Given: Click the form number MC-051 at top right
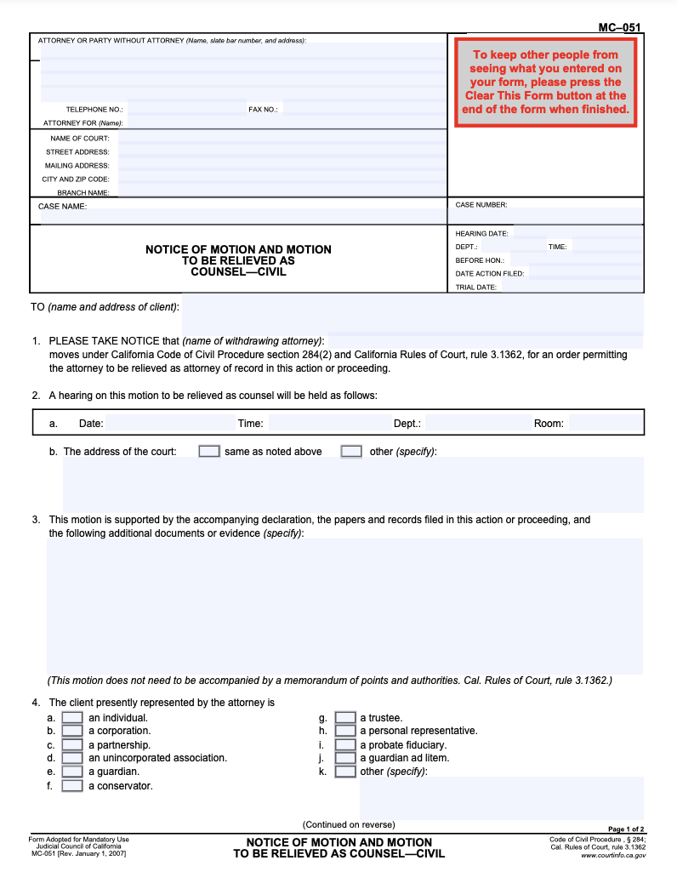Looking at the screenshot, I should click(619, 27).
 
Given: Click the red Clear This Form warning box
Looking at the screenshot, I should click(545, 83).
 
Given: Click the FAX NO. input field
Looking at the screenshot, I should click(361, 110).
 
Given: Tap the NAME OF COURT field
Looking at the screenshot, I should click(281, 138).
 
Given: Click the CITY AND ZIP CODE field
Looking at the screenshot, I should click(281, 179).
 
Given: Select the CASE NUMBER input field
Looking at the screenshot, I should click(546, 216).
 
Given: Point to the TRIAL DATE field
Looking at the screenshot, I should click(570, 288).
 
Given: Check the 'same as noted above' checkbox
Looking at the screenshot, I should click(209, 452).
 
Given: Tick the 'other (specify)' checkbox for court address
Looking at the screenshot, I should click(351, 452).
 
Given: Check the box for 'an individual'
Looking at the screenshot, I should click(73, 718).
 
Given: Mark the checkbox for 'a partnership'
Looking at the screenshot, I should click(73, 745).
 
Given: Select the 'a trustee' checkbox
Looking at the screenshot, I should click(345, 718).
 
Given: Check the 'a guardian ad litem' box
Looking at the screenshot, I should click(345, 758).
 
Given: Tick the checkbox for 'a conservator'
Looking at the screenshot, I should click(73, 786).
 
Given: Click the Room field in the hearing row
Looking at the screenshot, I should click(605, 423).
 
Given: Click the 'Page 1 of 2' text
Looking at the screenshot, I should click(626, 829).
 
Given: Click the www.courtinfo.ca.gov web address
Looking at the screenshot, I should click(612, 856).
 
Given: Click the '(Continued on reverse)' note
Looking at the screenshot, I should click(349, 824).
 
